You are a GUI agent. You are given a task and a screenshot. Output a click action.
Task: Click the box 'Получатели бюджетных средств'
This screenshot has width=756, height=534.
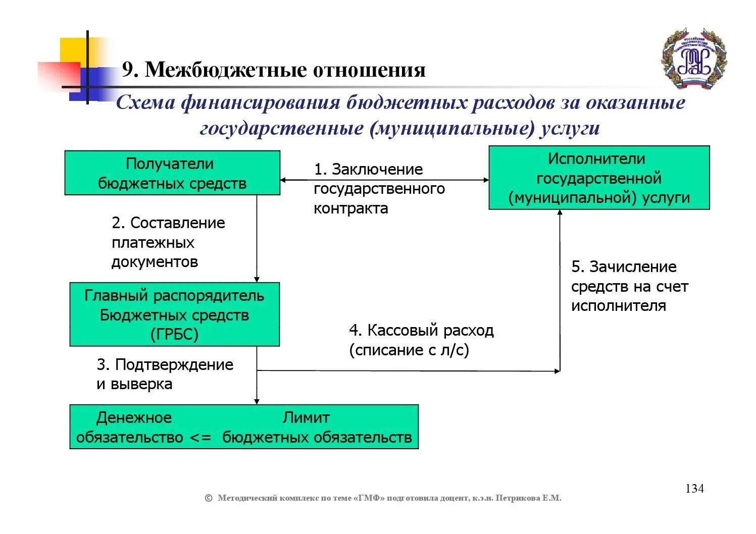(x=172, y=173)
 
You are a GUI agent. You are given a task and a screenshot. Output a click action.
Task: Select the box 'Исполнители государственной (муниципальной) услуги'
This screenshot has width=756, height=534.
(x=599, y=178)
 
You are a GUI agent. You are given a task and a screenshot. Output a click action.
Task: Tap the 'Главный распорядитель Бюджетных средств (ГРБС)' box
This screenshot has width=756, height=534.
(x=174, y=314)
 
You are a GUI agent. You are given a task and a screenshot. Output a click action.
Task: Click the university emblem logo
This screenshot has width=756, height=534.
(x=694, y=59)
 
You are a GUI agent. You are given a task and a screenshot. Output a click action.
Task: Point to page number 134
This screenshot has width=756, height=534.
(x=694, y=489)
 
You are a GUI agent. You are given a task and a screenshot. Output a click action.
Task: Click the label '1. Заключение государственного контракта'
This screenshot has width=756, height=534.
(x=379, y=189)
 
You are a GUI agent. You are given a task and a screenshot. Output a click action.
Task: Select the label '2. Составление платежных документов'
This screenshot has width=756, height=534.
(x=168, y=242)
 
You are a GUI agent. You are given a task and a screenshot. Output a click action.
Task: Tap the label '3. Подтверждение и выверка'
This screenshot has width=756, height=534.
(x=165, y=374)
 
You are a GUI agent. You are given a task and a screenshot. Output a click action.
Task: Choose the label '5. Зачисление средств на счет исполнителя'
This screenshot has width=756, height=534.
(x=629, y=286)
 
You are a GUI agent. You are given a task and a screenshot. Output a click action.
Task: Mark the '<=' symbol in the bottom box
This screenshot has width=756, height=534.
(x=200, y=437)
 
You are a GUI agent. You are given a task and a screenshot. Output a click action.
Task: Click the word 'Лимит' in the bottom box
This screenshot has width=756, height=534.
(x=306, y=417)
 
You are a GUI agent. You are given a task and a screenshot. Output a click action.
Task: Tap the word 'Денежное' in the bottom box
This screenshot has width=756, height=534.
(x=134, y=417)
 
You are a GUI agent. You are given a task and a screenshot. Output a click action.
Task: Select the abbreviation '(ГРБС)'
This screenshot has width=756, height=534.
(x=174, y=334)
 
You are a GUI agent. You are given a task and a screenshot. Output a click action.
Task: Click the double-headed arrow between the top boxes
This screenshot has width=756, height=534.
(x=384, y=180)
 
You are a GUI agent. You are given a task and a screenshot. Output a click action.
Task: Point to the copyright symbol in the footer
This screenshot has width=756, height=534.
(x=208, y=498)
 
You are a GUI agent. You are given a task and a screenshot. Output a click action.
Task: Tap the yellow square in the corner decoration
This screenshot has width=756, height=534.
(x=74, y=50)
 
